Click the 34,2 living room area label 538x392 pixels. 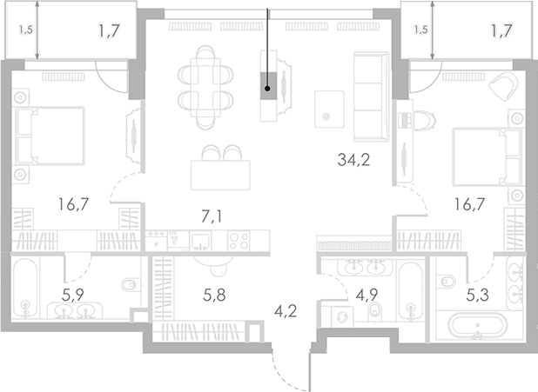(x=353, y=159)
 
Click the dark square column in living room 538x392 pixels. (x=271, y=85)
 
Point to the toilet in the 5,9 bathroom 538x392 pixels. (x=129, y=283)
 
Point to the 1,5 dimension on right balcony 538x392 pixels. (x=420, y=30)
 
